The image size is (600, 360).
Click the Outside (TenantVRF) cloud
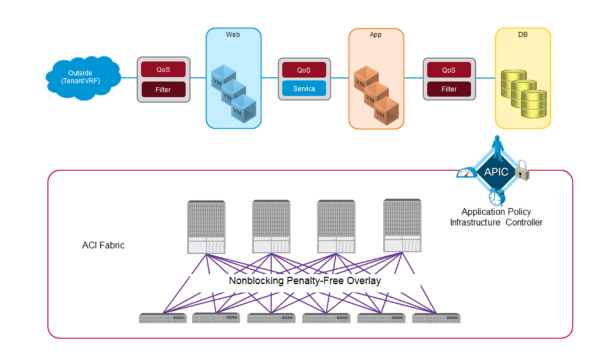click(82, 77)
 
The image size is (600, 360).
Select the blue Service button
click(304, 89)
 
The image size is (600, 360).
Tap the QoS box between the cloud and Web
click(163, 69)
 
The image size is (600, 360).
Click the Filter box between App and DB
click(449, 89)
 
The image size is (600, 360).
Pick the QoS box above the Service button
click(304, 70)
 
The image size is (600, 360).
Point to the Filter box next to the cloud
click(163, 90)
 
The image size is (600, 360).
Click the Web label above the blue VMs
click(233, 35)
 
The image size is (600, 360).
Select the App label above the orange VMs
click(376, 35)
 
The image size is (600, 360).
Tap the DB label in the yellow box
click(522, 35)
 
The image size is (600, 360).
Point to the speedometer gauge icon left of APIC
click(466, 173)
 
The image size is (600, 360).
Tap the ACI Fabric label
click(103, 245)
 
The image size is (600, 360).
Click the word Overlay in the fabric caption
click(363, 281)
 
